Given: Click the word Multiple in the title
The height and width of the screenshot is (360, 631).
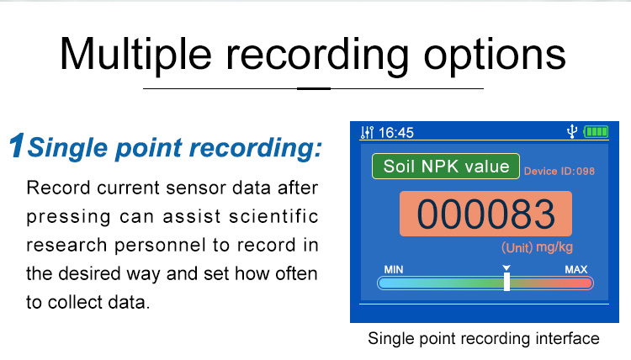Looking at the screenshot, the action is tap(135, 56).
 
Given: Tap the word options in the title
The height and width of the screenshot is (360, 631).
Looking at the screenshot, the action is tap(495, 56).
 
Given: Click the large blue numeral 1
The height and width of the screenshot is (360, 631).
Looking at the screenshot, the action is tap(17, 146).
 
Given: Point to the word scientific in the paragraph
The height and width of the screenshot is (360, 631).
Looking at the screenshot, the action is tap(273, 216).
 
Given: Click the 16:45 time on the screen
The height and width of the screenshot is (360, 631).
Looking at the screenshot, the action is tap(396, 133).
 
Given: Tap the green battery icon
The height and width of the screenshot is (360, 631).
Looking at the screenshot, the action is tap(596, 131).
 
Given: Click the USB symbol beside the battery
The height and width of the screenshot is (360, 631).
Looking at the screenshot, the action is tap(572, 131).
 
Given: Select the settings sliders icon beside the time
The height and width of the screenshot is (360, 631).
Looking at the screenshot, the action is tap(367, 132).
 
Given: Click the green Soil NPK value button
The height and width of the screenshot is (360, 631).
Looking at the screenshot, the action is tap(446, 167).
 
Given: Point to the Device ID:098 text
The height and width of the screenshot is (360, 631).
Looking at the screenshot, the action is tap(559, 171).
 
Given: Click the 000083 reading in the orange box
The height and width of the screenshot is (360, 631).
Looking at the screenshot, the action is tap(485, 214).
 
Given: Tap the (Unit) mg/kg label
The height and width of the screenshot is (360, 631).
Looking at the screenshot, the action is tap(537, 247).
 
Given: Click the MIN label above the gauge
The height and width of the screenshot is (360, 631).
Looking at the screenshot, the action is tap(394, 269).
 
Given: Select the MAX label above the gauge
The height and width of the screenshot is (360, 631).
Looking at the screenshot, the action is tap(575, 269).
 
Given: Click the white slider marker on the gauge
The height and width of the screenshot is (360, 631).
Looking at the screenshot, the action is tap(507, 282).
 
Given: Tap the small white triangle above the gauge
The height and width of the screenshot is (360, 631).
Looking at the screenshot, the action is tap(506, 267).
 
